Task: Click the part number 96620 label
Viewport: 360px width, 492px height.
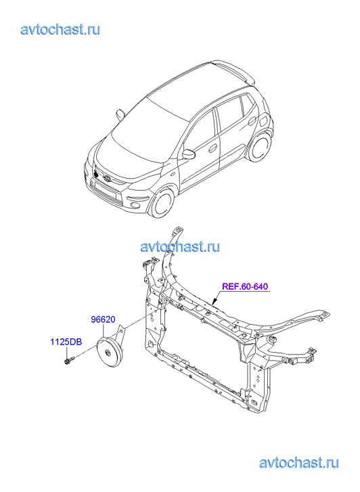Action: (103, 319)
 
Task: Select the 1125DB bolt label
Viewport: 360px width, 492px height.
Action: (66, 341)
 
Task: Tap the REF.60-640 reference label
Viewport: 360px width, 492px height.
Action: (245, 286)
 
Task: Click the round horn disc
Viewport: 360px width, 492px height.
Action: (108, 353)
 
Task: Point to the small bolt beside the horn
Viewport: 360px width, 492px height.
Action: (70, 360)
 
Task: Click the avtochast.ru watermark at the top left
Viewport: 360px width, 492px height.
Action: (60, 30)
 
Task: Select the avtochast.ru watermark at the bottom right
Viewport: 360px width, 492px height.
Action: (299, 462)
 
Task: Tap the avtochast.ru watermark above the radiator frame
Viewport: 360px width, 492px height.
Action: (180, 246)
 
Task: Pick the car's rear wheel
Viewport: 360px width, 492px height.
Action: (260, 147)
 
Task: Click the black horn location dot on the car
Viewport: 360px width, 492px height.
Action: (96, 173)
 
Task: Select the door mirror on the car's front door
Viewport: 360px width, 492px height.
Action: (189, 154)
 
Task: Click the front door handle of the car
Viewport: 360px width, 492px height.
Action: (212, 148)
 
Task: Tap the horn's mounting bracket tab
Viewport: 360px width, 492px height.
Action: (120, 332)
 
